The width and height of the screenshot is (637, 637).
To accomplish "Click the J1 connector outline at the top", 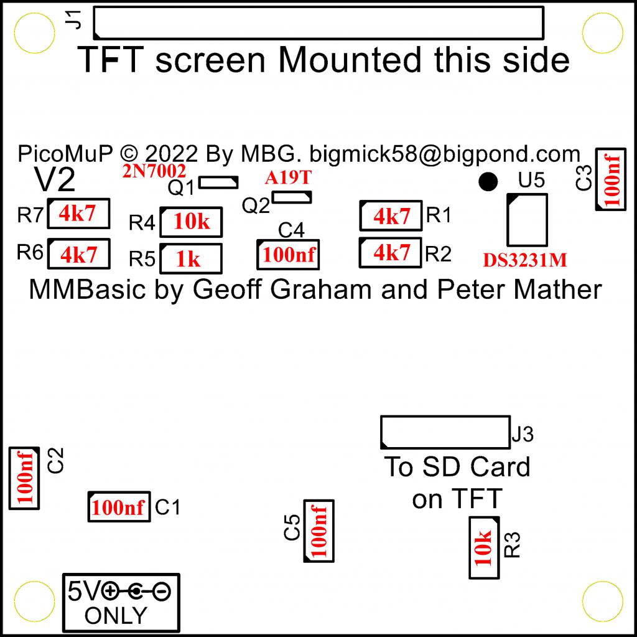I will click(318, 22).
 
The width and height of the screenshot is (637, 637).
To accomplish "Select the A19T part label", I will click(287, 178).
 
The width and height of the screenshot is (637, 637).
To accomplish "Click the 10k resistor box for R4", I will click(192, 222).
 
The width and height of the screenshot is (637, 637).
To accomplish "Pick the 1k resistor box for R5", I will click(191, 258).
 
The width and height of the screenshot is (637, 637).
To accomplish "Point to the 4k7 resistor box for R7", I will click(78, 215).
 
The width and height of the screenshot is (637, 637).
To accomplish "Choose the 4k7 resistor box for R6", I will click(78, 254).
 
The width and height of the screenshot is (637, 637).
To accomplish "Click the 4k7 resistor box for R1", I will click(391, 216).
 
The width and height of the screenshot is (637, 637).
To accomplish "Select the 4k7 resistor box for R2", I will click(391, 253).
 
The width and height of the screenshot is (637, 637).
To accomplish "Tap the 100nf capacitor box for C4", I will click(289, 255).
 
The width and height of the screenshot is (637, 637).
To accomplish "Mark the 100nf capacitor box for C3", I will click(611, 179).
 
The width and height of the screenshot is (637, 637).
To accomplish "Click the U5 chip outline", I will click(527, 220).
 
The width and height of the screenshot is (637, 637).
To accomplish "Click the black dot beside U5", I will click(488, 181).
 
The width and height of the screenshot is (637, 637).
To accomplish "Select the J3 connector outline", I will click(445, 433).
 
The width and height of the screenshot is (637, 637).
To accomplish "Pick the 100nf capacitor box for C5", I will click(318, 531).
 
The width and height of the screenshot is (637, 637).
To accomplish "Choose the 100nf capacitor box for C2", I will click(24, 479).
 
